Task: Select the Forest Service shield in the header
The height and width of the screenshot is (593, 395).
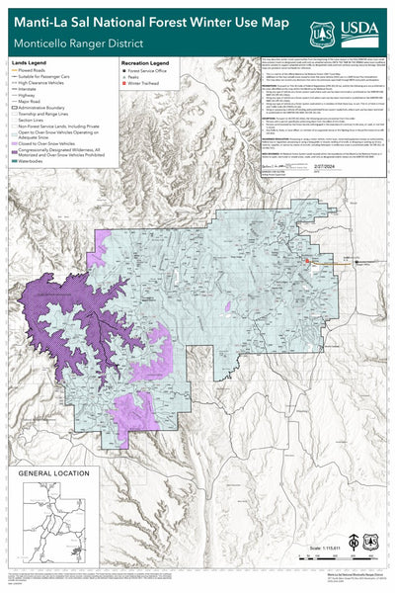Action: point(324,33)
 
